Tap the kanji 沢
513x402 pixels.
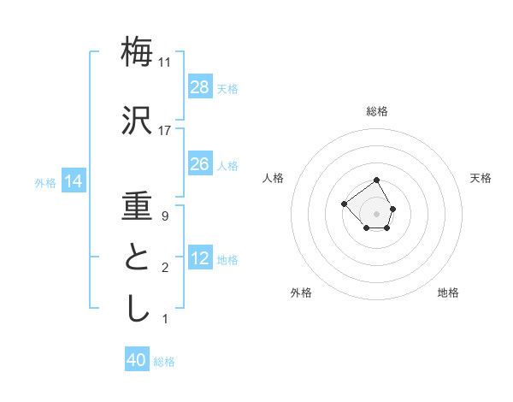point(138,121)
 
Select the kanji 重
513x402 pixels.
point(138,206)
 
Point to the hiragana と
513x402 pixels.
point(138,258)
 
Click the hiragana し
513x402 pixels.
point(138,309)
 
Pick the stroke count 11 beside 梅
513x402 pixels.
point(165,62)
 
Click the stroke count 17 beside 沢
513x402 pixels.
point(165,131)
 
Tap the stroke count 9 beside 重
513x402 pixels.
point(165,216)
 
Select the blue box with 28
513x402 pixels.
point(200,87)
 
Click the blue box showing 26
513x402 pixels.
point(200,164)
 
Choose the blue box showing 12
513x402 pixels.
point(200,258)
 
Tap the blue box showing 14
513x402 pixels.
point(74,181)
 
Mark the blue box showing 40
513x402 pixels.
point(137,360)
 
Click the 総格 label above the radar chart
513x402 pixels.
point(377,111)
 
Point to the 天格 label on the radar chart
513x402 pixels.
point(481,178)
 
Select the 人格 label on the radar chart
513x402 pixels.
point(274,178)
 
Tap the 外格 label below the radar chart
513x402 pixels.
point(301,293)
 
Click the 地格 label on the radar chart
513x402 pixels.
point(448,293)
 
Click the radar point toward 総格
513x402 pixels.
point(377,180)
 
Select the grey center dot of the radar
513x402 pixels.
point(377,213)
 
